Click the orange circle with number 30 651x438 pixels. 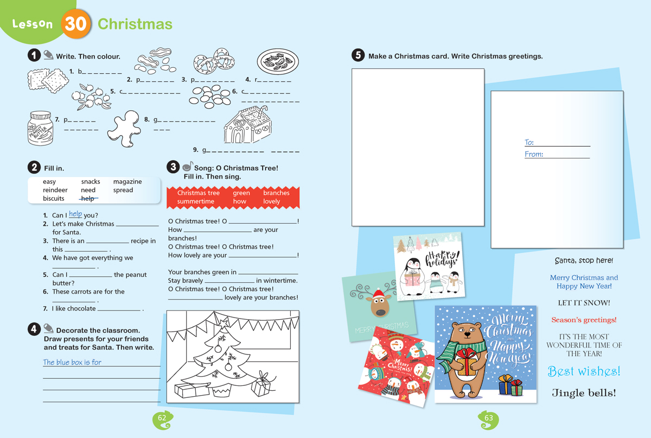75,24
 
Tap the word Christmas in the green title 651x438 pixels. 135,24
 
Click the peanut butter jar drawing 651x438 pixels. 40,128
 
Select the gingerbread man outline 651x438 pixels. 124,128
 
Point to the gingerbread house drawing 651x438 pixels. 247,124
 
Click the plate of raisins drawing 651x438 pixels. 278,61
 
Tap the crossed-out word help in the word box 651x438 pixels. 88,198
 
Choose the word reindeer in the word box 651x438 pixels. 55,190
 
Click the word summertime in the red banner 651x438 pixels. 196,201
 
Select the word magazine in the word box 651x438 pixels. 127,182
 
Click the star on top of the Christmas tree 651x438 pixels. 223,323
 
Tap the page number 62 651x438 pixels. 162,418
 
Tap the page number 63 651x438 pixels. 489,418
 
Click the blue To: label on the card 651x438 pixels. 529,142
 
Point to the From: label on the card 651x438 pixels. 534,154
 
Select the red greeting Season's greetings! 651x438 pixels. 584,320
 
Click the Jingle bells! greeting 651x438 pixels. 584,393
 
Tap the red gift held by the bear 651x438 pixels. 467,361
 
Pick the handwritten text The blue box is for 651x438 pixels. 72,362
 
